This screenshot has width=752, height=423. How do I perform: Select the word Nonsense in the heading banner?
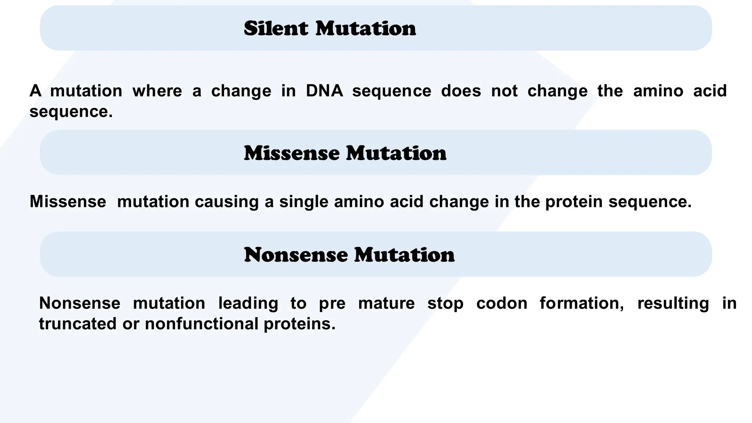coord(296,255)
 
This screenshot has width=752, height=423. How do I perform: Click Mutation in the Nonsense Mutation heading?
coord(405,255)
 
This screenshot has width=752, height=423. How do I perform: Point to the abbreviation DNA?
coord(324,91)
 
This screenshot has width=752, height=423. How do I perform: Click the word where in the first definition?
coord(157,91)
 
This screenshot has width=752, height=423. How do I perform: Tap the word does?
coord(461,91)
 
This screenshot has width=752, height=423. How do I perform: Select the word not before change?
coord(505,91)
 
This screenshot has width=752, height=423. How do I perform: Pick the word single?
coord(304,202)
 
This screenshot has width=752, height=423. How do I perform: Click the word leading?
coord(248,303)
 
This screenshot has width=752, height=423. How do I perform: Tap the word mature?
coord(386,303)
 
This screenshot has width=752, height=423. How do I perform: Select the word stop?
coord(445,303)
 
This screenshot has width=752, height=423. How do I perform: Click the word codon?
coord(502,303)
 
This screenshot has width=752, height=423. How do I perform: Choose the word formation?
coord(582,303)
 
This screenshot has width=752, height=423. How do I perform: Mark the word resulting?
coord(673,303)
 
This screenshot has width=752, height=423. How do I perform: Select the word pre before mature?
coord(332,303)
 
